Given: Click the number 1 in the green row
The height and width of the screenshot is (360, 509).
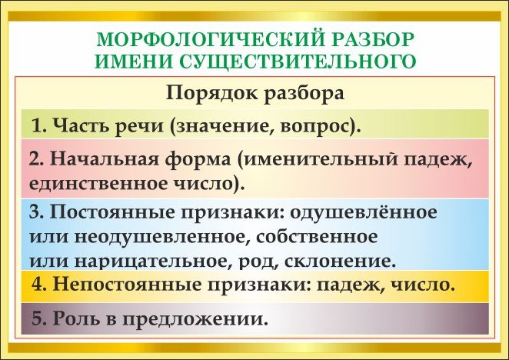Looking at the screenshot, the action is [x=38, y=125].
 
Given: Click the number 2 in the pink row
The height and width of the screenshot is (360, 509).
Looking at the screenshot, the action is [x=34, y=159].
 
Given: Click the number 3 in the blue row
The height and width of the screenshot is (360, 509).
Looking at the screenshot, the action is [x=34, y=212].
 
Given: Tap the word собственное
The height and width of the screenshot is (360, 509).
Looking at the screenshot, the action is [x=317, y=237].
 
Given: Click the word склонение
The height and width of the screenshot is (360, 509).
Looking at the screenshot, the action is [x=336, y=262].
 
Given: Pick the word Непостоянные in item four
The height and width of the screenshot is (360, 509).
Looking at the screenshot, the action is [x=128, y=285].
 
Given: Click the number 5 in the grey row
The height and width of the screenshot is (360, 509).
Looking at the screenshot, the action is [x=37, y=318].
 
